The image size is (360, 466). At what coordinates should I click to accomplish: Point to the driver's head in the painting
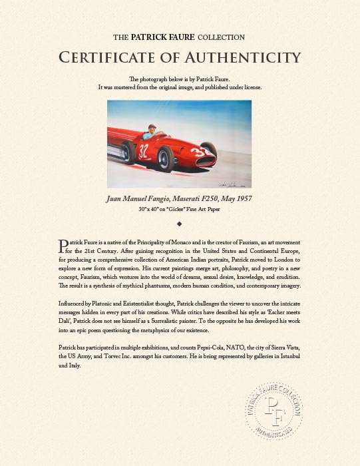tap(151, 126)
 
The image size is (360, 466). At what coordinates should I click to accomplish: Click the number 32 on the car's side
tap(144, 150)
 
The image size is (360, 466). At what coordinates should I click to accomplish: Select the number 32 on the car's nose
tap(214, 151)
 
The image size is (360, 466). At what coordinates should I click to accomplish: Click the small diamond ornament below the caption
tap(180, 224)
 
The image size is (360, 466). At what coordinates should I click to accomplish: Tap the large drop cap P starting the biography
tap(63, 246)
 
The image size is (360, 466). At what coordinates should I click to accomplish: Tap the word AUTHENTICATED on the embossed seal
tap(273, 435)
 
